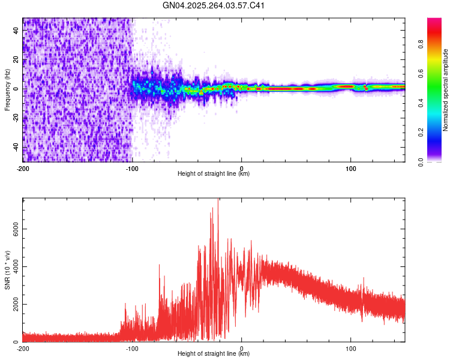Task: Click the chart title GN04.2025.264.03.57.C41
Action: point(214,6)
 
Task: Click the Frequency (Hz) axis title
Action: point(7,89)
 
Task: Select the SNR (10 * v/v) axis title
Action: point(7,270)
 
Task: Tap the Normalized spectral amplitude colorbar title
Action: point(446,90)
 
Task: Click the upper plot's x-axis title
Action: point(214,174)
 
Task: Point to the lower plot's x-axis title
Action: point(214,354)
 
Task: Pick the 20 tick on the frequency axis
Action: point(16,60)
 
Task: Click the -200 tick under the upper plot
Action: point(23,167)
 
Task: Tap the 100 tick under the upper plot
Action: point(350,167)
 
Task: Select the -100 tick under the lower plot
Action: point(132,347)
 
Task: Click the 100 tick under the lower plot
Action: point(350,347)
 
